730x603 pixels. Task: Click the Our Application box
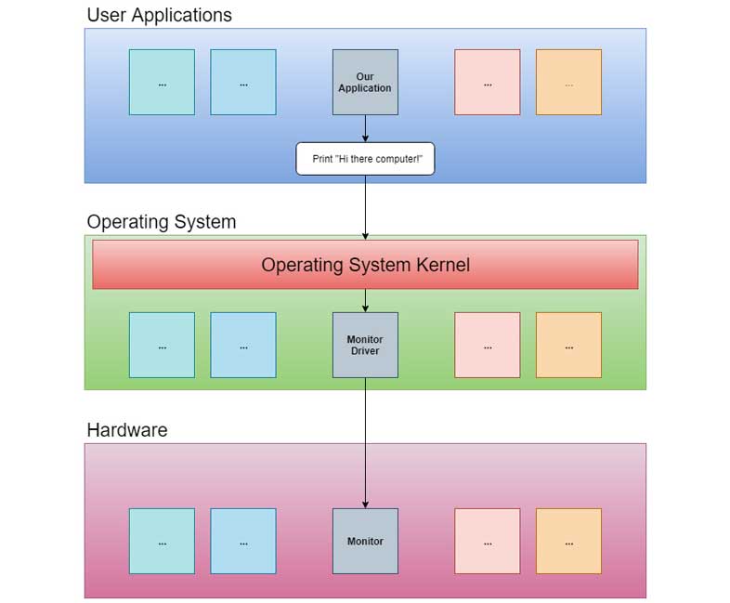coord(365,82)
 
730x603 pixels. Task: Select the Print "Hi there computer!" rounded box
coord(365,159)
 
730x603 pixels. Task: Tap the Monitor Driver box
coord(365,345)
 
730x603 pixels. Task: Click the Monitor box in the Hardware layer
coord(365,541)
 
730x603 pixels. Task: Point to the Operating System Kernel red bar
coord(365,265)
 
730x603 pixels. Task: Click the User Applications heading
coord(159,15)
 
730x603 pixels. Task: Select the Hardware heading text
coord(126,429)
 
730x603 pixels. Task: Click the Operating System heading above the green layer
coord(161,222)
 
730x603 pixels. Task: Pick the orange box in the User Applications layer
coord(568,82)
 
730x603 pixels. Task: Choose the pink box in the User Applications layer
coord(487,82)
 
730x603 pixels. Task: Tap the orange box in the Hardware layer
coord(568,541)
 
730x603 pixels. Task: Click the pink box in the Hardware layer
coord(487,541)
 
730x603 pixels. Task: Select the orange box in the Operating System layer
coord(568,345)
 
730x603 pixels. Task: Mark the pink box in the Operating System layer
coord(487,345)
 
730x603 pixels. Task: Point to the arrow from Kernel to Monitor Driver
coord(365,300)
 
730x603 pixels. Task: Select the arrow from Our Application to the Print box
coord(365,128)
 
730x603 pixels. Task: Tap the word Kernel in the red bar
coord(438,265)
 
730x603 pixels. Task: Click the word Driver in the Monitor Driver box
coord(365,351)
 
